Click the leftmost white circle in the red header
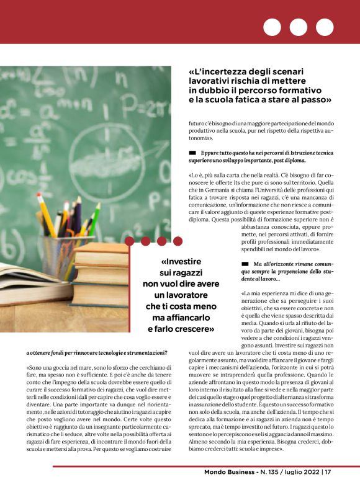pos(272,27)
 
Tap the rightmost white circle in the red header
pos(325,27)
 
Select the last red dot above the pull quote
pos(178,241)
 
